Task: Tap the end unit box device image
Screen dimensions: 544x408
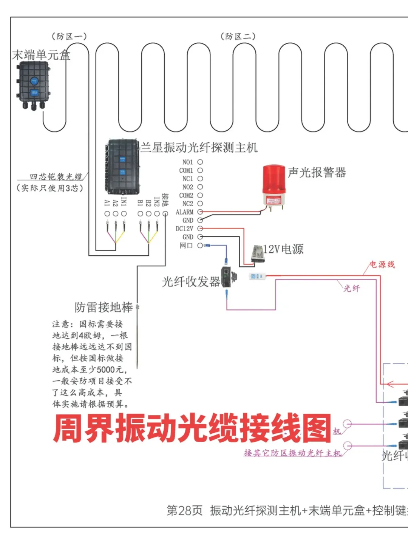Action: [33, 85]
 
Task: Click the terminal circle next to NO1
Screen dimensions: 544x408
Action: [200, 162]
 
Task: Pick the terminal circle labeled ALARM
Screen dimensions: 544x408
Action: [200, 212]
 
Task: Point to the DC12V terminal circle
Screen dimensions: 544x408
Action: [200, 229]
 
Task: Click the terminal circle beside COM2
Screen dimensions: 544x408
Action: [200, 195]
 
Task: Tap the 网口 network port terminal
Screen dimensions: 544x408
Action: [200, 246]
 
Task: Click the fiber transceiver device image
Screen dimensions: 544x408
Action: [228, 277]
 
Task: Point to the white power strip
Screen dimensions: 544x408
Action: [257, 276]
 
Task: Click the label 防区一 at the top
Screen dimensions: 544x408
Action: [69, 36]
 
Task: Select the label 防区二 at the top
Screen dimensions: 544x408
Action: [238, 36]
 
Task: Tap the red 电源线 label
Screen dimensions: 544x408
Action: [382, 264]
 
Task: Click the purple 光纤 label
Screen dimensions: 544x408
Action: [351, 288]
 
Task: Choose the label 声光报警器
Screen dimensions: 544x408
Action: [317, 173]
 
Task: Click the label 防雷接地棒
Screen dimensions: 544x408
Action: [104, 307]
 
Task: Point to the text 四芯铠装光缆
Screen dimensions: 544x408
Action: [56, 176]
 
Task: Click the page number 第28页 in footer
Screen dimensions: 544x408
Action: [184, 510]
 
